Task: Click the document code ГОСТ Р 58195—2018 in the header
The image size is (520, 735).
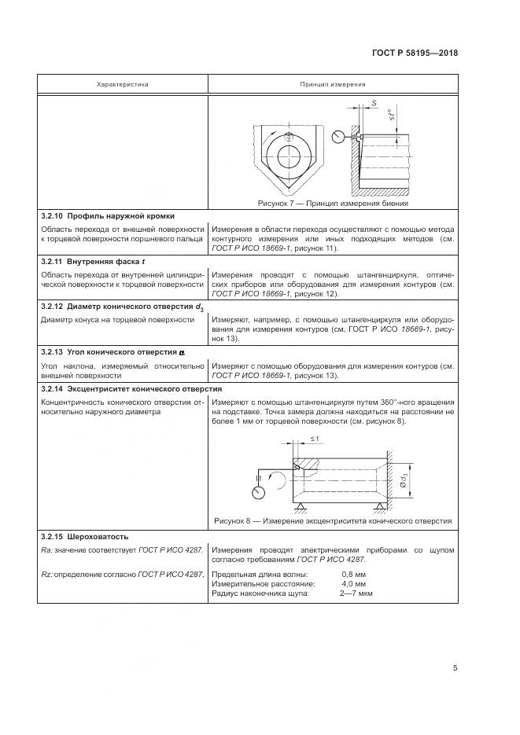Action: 415,54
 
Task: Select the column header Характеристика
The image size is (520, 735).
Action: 122,83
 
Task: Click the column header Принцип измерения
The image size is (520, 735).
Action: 332,83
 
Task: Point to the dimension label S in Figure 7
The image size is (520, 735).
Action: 374,104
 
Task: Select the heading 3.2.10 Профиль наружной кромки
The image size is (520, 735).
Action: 108,215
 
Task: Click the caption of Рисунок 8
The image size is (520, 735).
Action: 333,520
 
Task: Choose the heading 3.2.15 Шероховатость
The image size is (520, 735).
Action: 84,536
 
